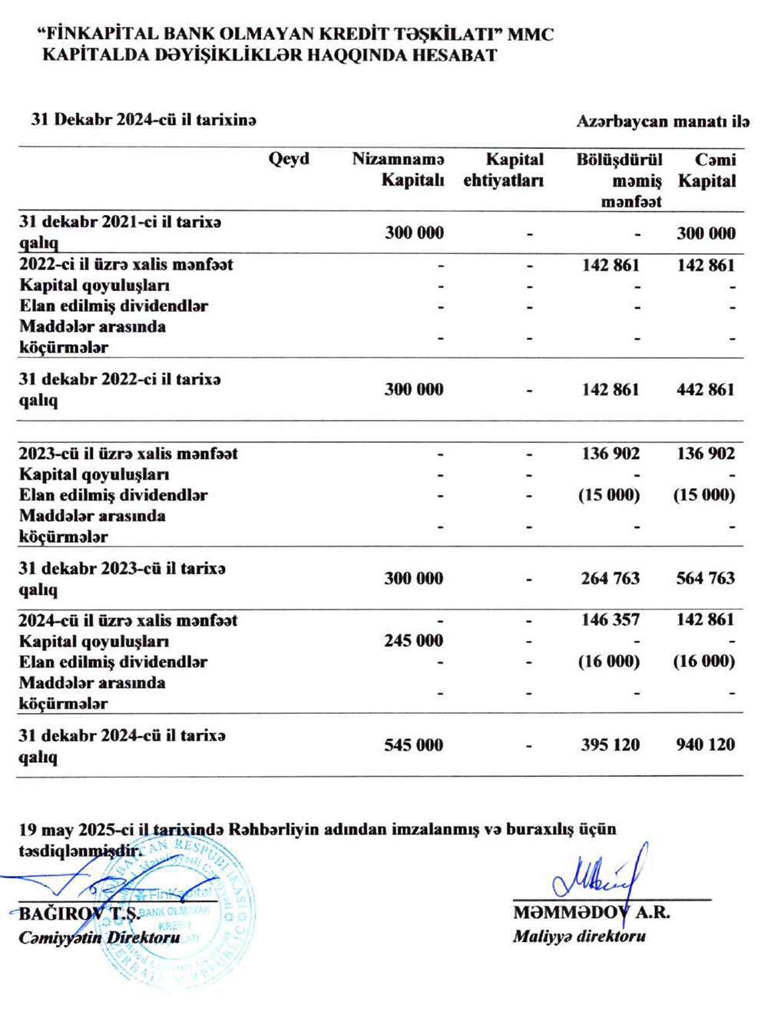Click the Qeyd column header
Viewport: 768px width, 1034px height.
289,159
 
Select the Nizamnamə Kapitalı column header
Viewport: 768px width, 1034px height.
398,170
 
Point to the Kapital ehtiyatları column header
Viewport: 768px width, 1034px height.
504,170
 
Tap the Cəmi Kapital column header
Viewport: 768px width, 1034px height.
707,170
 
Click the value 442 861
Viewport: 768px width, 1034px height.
705,389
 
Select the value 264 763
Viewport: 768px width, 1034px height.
610,578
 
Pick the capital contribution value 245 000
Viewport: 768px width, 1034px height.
413,640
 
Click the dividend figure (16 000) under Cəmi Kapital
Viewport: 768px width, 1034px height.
704,661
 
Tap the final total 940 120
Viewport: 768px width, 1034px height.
705,744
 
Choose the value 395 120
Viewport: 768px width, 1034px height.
610,744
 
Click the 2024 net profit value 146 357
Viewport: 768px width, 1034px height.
610,619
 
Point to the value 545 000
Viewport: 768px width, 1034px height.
413,744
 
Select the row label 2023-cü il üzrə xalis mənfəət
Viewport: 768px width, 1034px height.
128,454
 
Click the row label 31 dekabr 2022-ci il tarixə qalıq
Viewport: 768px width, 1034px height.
120,389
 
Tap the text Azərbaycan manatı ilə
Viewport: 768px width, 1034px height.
663,121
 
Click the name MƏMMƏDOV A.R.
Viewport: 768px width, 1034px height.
591,913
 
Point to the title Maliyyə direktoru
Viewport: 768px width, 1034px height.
579,936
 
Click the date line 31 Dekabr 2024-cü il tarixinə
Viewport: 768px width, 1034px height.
144,120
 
